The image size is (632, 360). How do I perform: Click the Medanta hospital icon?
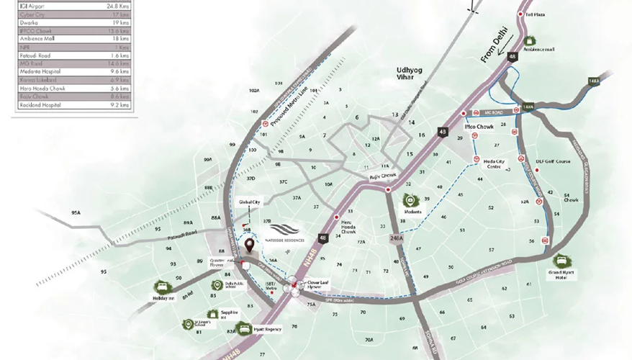click(410, 201)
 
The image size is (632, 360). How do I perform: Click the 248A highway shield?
click(394, 238)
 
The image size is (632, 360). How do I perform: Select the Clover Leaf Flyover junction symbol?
click(296, 286)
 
